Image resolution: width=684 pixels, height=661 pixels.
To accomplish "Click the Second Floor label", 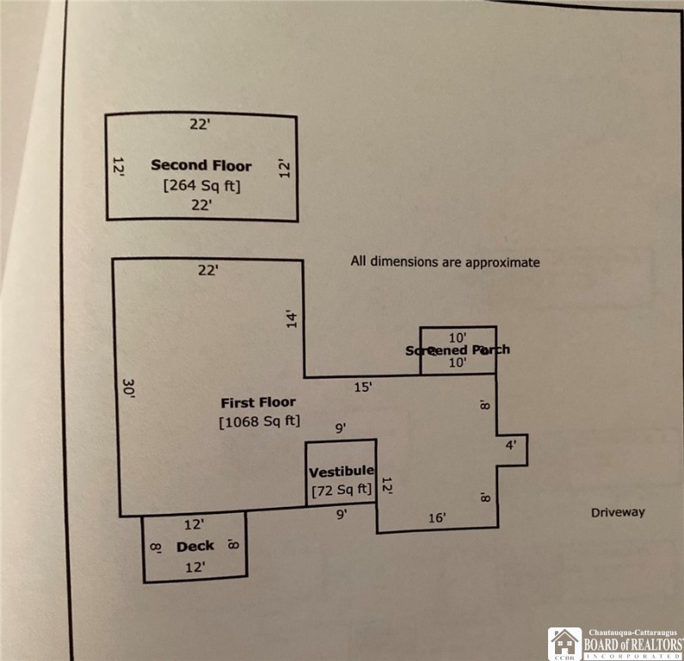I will click(x=201, y=165).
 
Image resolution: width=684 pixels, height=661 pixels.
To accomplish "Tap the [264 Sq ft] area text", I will click(x=201, y=185).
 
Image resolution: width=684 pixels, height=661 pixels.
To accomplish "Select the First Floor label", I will click(x=258, y=402).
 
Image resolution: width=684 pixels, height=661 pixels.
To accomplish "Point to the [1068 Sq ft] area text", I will click(x=259, y=422).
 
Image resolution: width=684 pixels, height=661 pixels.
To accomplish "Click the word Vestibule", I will click(x=341, y=471).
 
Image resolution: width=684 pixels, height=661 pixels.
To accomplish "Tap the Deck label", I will click(x=194, y=547).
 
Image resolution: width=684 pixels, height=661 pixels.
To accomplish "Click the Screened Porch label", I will click(x=457, y=349).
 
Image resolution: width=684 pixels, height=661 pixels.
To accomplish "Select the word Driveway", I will click(x=618, y=512).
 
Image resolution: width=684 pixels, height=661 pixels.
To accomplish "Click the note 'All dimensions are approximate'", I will click(x=446, y=261).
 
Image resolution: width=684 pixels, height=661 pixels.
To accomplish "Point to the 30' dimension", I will click(x=128, y=391).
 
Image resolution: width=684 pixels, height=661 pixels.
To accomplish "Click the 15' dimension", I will click(x=363, y=387).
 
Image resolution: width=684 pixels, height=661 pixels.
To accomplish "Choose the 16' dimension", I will click(x=437, y=517).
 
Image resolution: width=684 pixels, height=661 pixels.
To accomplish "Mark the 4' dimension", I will click(x=510, y=446).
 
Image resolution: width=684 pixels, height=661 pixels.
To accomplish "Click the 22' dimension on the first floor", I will click(x=208, y=270).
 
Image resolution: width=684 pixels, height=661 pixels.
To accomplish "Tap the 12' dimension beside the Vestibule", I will click(x=387, y=487).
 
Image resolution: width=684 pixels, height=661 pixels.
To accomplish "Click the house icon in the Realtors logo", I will click(x=565, y=642).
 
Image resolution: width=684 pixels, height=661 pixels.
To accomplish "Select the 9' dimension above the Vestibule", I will click(x=342, y=427).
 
